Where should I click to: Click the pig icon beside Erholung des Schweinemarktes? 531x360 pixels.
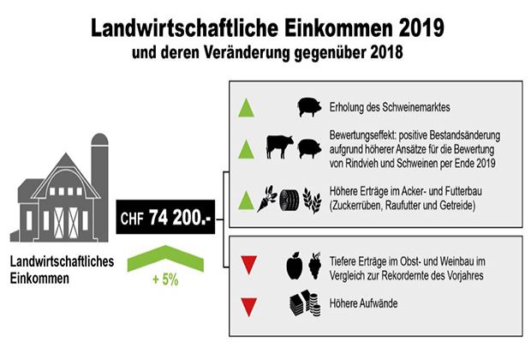(x=309, y=107)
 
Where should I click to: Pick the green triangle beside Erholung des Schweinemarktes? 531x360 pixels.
(x=246, y=108)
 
